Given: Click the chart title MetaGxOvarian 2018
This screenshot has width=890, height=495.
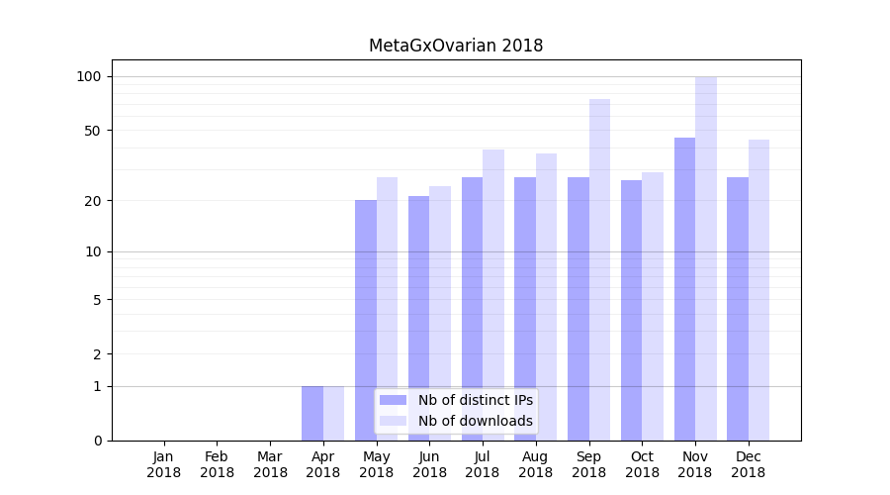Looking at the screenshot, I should [x=456, y=46].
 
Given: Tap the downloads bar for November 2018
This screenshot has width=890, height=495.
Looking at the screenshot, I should [x=706, y=258].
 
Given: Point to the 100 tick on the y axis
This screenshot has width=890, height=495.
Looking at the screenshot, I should [x=89, y=76].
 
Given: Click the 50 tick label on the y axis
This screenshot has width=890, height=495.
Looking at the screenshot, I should [x=93, y=130].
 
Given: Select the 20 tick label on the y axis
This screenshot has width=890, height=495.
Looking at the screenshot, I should [x=93, y=200].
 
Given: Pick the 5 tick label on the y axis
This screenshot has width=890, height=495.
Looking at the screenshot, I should [x=97, y=299].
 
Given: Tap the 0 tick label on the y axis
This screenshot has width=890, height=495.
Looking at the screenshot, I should [x=97, y=441].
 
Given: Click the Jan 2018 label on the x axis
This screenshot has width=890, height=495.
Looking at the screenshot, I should [x=164, y=464].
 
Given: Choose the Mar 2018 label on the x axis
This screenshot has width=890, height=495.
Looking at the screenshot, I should [x=270, y=464].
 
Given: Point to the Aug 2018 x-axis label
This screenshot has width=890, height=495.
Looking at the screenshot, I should [x=536, y=464].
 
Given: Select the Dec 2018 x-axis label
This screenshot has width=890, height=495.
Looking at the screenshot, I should [x=748, y=464].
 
